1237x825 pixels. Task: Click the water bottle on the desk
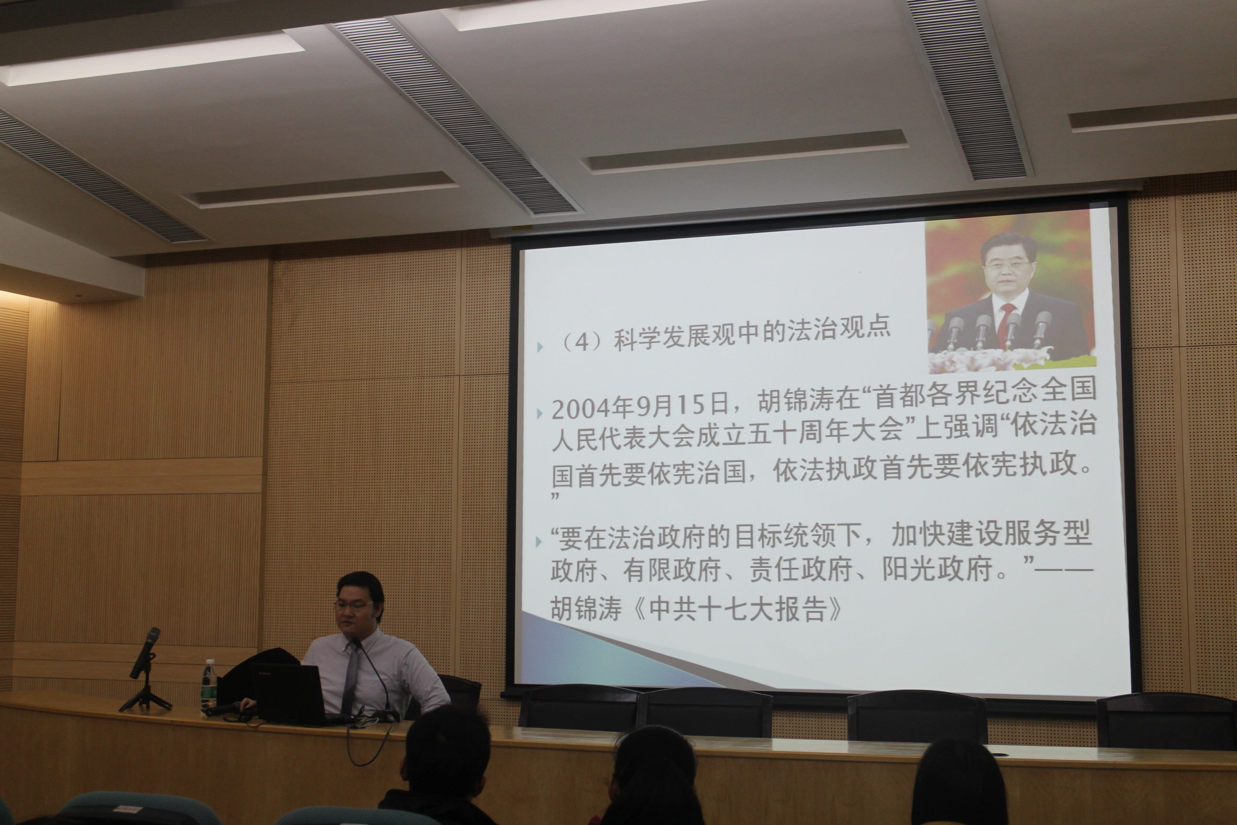209,687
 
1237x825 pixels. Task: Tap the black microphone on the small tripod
145,653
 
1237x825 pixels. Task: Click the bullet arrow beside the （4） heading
540,347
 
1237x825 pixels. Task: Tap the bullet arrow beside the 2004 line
539,413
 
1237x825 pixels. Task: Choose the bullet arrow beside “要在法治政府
538,541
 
